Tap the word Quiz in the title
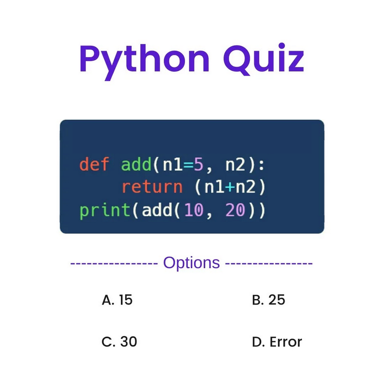(264, 59)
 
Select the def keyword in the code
(95, 164)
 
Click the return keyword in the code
(152, 187)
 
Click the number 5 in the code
(198, 164)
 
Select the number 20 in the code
(235, 211)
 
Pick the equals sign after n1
(188, 165)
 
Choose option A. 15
(117, 300)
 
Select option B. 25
(268, 300)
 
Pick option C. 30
(119, 342)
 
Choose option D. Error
(277, 342)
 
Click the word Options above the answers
(192, 263)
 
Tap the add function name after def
(136, 164)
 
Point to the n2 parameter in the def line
(235, 165)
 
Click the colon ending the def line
(262, 165)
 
